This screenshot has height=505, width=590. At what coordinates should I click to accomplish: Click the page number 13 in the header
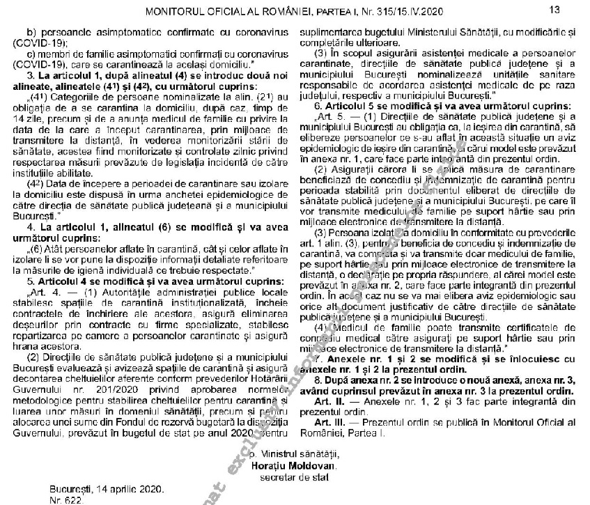554,9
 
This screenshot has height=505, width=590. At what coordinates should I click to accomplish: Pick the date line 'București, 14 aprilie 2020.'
107,489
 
